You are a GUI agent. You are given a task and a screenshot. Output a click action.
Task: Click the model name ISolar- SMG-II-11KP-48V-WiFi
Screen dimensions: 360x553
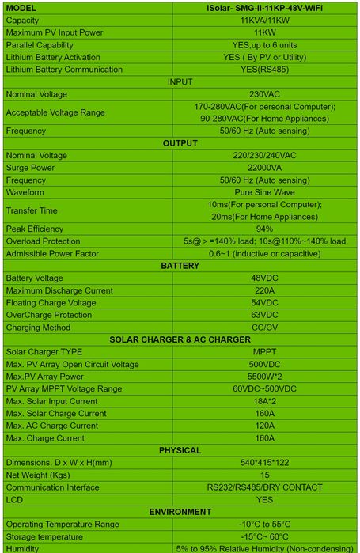click(264, 7)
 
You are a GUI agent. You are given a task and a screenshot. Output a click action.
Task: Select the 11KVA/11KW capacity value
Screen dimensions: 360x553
click(264, 20)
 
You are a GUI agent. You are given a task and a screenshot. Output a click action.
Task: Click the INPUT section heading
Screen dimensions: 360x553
click(180, 81)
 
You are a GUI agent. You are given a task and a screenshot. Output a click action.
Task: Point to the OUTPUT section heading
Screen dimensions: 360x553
click(180, 143)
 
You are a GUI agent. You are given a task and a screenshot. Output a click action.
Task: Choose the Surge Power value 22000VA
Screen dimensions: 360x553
click(264, 168)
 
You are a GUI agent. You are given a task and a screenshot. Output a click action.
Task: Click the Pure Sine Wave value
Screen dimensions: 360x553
click(264, 192)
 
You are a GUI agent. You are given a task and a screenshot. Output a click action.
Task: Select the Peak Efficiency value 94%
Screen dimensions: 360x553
click(264, 229)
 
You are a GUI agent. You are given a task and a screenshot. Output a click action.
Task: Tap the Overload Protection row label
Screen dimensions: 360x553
click(43, 241)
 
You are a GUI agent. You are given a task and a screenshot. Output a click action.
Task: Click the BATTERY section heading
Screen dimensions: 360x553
click(180, 266)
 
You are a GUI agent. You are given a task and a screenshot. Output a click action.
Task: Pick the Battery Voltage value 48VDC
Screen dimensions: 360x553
click(264, 278)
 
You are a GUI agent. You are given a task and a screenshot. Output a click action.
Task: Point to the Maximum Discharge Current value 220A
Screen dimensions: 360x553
click(264, 290)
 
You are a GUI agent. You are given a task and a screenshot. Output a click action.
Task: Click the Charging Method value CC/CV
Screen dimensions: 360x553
click(264, 328)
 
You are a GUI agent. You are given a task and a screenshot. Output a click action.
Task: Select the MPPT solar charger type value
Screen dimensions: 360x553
click(264, 352)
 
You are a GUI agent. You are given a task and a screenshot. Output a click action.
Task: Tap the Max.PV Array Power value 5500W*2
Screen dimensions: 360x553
click(264, 377)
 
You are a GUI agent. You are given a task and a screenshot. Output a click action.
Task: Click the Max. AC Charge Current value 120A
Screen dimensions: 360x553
click(264, 426)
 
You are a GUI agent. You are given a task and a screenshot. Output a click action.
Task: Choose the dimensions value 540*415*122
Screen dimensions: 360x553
click(264, 463)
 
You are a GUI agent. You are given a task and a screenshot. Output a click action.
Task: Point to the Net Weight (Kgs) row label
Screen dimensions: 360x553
click(38, 475)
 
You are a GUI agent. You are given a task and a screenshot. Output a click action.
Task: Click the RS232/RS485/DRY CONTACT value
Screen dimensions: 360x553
click(264, 487)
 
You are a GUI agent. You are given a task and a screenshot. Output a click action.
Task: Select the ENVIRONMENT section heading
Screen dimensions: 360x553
click(180, 512)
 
